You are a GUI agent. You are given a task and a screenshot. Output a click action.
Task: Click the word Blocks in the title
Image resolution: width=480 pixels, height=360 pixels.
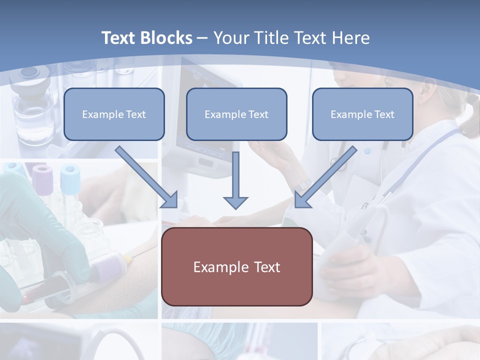pyautogui.click(x=167, y=38)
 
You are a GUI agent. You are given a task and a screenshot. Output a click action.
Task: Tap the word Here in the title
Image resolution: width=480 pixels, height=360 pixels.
pyautogui.click(x=350, y=38)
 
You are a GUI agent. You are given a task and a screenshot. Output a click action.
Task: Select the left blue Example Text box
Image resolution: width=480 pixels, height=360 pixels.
pyautogui.click(x=114, y=114)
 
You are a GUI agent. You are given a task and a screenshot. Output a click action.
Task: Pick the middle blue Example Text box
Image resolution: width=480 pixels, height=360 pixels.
pyautogui.click(x=236, y=114)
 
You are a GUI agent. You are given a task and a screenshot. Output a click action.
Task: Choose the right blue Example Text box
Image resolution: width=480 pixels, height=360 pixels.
pyautogui.click(x=362, y=114)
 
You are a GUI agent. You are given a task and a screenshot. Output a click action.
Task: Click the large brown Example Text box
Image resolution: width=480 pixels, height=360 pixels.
pyautogui.click(x=236, y=267)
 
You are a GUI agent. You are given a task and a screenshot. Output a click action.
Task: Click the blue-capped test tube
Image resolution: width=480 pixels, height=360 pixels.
pyautogui.click(x=70, y=182)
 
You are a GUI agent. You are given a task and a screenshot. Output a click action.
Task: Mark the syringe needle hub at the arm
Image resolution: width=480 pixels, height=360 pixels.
pyautogui.click(x=126, y=258)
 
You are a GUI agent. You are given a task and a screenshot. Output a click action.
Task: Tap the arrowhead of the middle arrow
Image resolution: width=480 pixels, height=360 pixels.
pyautogui.click(x=235, y=202)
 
